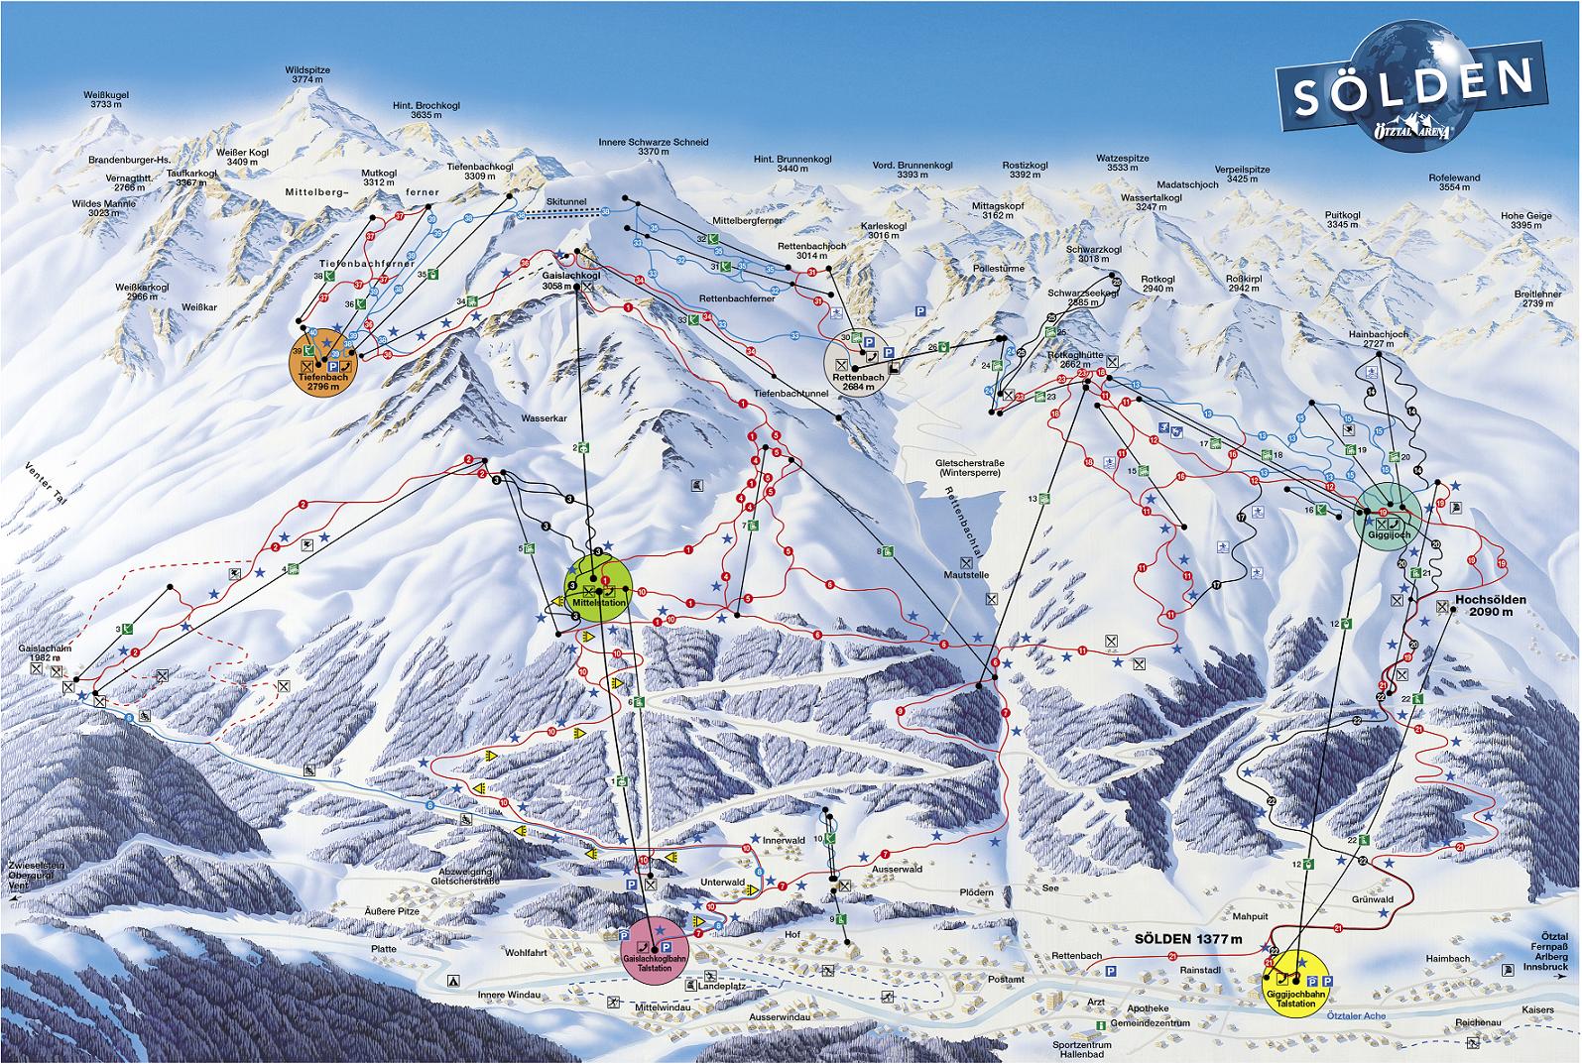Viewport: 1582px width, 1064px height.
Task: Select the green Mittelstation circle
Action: point(598,588)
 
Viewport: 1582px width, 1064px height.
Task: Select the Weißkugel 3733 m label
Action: point(110,99)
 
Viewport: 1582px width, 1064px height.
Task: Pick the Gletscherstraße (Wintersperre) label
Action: point(966,468)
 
